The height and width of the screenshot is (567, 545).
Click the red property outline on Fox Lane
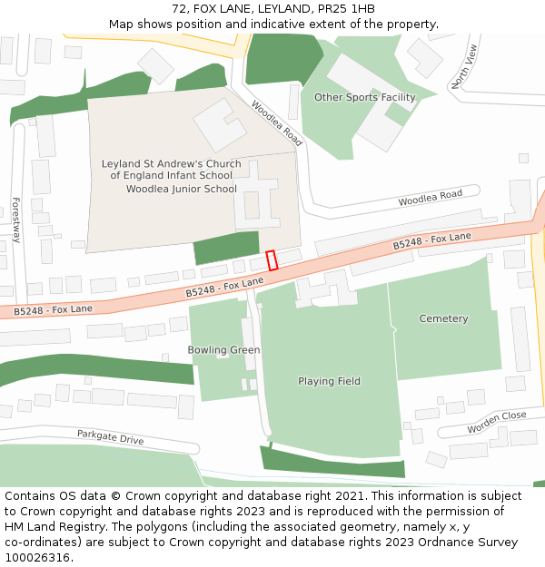tap(272, 260)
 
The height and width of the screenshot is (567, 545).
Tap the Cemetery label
tap(443, 318)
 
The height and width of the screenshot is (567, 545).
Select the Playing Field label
tap(329, 381)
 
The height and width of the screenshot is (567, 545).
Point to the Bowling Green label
tap(223, 349)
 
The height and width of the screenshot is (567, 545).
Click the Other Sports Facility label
tap(364, 97)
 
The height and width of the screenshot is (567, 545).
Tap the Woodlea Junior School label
tap(181, 189)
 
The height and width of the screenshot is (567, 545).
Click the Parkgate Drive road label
tap(110, 437)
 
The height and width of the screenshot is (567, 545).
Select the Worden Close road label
tap(496, 422)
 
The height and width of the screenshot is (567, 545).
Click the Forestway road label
tap(15, 220)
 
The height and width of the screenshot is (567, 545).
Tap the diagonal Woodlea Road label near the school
tap(276, 123)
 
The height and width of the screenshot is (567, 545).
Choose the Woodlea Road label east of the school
tap(430, 197)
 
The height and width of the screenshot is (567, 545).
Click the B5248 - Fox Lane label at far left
tap(53, 310)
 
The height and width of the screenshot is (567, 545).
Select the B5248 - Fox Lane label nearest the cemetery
tap(431, 241)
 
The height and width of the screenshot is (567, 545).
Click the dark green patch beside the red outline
tap(226, 247)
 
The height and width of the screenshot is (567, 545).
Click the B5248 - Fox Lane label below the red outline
tap(224, 288)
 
